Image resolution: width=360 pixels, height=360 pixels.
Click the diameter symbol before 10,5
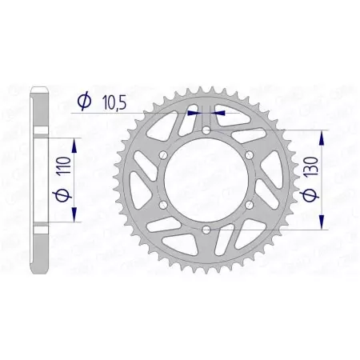[82, 102]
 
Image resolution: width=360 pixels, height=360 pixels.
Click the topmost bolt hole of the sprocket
[206, 131]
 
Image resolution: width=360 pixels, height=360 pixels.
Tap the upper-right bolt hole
[249, 156]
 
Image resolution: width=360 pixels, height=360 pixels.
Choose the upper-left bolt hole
[162, 156]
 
